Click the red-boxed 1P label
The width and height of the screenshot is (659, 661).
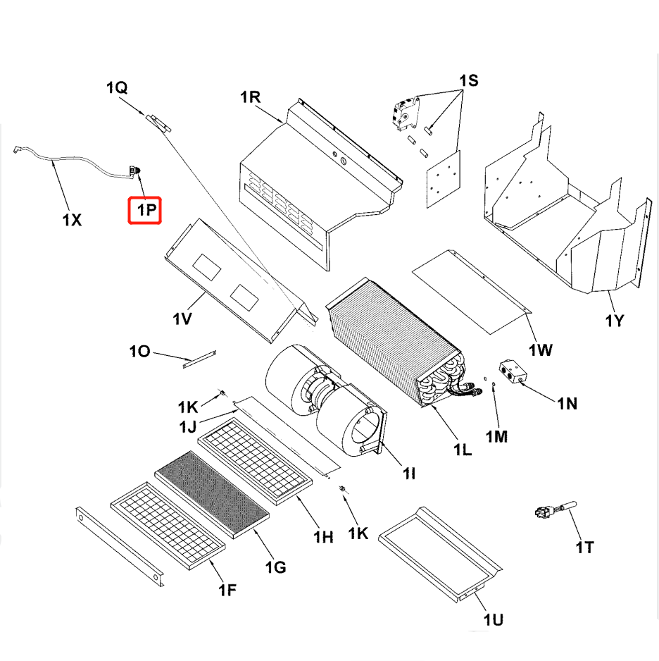tap(144, 210)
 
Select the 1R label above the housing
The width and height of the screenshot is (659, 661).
tap(251, 97)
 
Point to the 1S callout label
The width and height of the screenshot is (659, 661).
tap(468, 80)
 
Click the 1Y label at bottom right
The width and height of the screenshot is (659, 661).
tap(614, 321)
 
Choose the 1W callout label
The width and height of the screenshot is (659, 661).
tap(541, 350)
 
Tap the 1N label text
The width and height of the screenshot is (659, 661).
tap(567, 404)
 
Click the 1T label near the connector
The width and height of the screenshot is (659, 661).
tap(584, 547)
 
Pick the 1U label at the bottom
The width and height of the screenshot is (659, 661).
tap(493, 619)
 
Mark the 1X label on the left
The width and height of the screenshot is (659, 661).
tap(71, 220)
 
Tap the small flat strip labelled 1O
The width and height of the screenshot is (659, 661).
tap(199, 359)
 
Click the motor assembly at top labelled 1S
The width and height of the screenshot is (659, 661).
tap(406, 113)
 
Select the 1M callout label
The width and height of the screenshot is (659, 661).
tap(496, 437)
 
